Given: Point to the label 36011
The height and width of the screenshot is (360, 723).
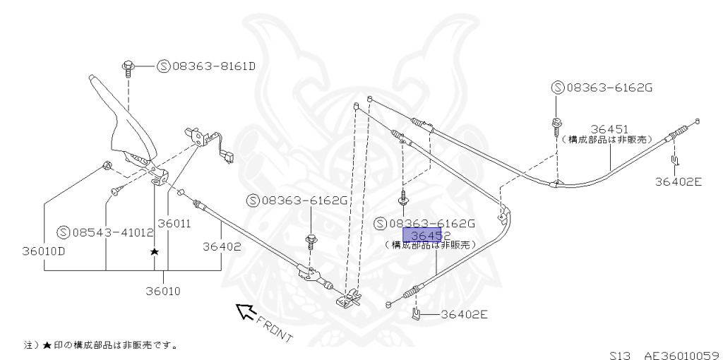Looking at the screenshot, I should tap(174, 224).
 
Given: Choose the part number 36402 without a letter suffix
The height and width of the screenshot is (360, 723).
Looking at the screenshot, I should tap(222, 247).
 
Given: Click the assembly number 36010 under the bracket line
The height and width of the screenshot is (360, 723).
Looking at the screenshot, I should tap(163, 290).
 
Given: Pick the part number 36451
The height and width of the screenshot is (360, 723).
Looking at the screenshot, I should tap(609, 129).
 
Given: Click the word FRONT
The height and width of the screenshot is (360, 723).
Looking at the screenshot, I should tap(274, 328).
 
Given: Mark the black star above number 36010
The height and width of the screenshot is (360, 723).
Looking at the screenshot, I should tap(154, 251).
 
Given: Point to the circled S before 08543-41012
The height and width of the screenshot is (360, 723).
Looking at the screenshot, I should tap(63, 232).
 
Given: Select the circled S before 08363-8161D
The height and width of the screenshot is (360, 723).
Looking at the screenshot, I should tap(162, 67).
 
